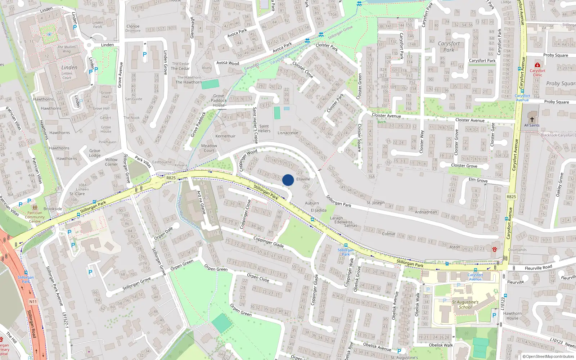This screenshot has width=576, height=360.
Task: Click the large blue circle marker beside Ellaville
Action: coord(288,180)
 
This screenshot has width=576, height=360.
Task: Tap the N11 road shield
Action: coord(33,302)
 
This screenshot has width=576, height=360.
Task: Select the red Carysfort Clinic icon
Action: coord(537,65)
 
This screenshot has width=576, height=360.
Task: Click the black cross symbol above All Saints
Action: coord(532,119)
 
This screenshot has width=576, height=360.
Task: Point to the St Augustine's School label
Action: coord(465,305)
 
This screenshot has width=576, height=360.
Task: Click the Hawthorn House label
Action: coord(512,316)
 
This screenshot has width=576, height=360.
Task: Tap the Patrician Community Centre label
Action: coord(35,217)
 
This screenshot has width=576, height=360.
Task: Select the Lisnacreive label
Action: coord(288,133)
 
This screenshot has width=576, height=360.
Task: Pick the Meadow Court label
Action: coord(209,148)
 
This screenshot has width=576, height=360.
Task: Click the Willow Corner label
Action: coord(111,162)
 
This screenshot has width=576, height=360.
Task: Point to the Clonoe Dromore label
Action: coord(133,28)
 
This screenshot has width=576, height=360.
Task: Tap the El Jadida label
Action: coord(319,210)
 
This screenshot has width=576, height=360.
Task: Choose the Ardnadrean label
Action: coord(426,212)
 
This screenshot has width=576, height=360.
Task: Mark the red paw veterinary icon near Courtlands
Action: coord(495,249)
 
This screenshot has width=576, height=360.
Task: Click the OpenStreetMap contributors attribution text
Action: coord(548,356)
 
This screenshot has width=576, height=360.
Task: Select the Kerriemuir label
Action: coord(225,136)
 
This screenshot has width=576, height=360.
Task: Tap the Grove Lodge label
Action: coord(95,153)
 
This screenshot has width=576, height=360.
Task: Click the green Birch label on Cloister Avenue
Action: coord(382,122)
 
